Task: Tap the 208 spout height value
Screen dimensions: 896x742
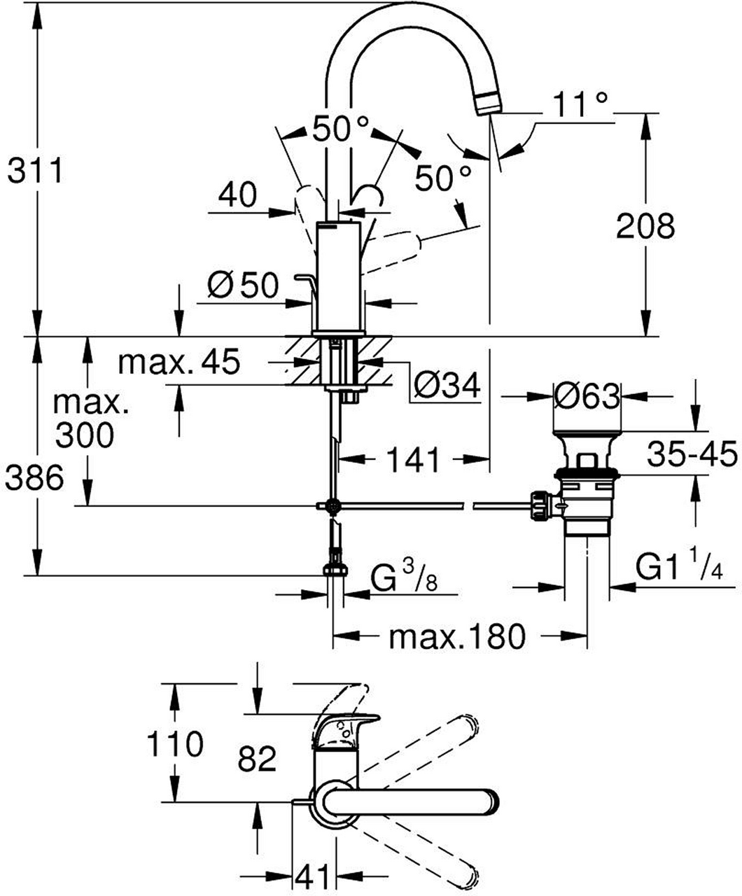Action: tap(645, 225)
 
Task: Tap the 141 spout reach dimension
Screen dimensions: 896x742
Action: tap(414, 460)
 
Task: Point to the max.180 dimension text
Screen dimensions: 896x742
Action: tap(456, 637)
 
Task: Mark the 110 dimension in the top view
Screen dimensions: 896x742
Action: tap(174, 744)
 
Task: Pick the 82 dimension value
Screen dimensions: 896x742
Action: tap(257, 758)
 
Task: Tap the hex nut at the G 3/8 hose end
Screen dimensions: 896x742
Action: tap(336, 569)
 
